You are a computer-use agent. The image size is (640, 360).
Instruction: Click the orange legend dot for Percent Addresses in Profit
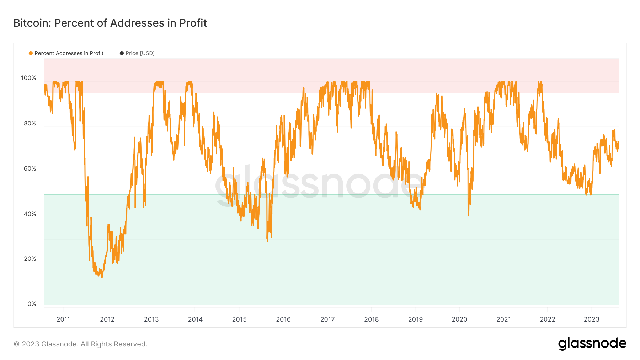(x=31, y=53)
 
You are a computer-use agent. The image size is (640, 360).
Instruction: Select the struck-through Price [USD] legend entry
(x=140, y=53)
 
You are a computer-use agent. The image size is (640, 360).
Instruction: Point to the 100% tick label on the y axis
(x=28, y=78)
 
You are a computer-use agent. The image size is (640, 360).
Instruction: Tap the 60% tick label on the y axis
(x=30, y=168)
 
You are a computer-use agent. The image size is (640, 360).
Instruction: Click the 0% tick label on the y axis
(x=32, y=304)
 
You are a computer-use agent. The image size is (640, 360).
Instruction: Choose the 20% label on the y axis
(x=30, y=259)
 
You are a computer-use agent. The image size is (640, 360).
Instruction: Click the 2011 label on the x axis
(x=63, y=319)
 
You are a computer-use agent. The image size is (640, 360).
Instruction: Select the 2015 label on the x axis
(x=239, y=319)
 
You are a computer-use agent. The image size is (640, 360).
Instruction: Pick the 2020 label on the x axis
(x=459, y=319)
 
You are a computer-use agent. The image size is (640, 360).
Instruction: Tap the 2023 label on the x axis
(x=591, y=319)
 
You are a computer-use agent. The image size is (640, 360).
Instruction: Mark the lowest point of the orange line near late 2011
(x=102, y=277)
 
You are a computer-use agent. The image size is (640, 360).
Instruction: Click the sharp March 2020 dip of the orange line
(x=468, y=215)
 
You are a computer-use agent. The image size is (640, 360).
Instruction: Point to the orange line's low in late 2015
(x=267, y=241)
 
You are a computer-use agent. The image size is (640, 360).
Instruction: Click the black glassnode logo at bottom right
(x=592, y=344)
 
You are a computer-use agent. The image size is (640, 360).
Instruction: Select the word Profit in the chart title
(x=193, y=23)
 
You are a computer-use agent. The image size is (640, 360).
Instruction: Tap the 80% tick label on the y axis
(x=30, y=123)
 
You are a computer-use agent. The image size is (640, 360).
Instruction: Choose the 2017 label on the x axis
(x=327, y=319)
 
